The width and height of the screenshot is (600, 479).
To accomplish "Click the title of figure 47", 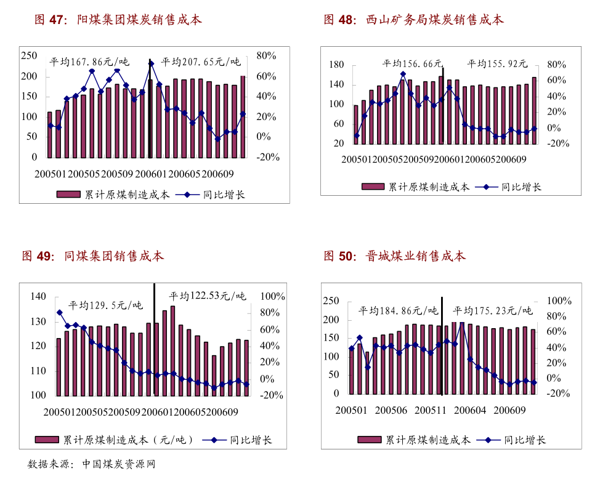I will point(118,20).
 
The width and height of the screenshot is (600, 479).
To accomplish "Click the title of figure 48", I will point(414,20).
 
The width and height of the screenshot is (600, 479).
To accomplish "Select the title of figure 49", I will point(93,256).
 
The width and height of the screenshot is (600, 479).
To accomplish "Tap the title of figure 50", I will point(395,256).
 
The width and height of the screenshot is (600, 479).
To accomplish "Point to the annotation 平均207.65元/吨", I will point(201,62).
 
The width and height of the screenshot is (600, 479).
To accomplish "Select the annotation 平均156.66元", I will point(412,63).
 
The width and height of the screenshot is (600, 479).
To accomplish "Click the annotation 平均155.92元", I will point(497,63).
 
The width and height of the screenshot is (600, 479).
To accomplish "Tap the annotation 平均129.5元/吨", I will point(105,305).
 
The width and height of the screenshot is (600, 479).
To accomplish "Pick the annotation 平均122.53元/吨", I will point(207,296).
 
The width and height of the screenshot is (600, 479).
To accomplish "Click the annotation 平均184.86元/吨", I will point(398,310).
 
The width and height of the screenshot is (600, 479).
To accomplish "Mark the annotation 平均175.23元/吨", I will point(493,310).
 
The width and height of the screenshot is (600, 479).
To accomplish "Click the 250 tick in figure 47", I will point(29,56).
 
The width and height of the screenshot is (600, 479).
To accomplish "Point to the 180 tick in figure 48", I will point(336,65).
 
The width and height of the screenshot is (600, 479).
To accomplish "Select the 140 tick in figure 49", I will point(38,297).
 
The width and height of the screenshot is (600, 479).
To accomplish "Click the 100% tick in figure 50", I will point(559,301).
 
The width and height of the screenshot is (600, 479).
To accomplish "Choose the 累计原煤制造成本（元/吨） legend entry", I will point(115,440).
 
